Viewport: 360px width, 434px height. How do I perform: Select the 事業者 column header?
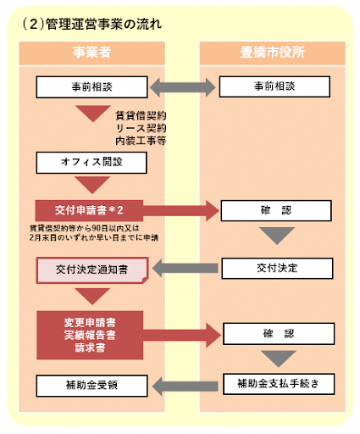(x=91, y=53)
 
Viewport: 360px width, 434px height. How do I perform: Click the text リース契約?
(x=141, y=126)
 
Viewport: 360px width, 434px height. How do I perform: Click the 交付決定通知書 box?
(x=91, y=270)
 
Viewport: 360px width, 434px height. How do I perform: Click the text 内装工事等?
(x=141, y=139)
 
